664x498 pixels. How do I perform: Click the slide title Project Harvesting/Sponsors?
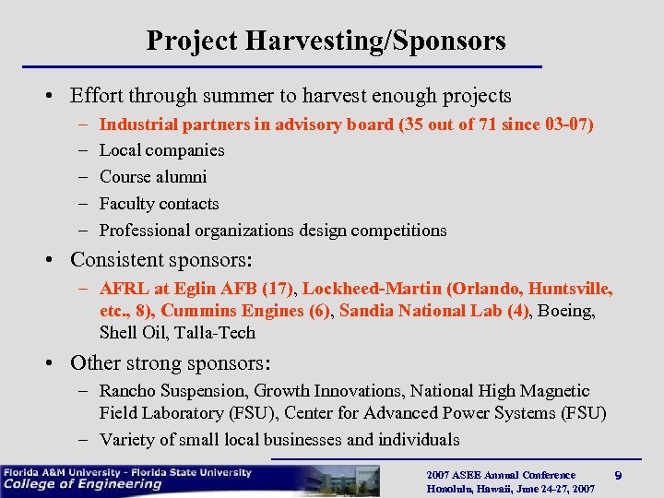pos(326,41)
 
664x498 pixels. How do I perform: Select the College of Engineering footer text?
pos(83,484)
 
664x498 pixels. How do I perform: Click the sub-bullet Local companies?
pos(161,150)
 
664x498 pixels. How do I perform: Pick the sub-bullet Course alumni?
pos(153,177)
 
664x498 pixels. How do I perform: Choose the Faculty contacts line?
pos(159,204)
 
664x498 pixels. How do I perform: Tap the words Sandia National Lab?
pos(420,311)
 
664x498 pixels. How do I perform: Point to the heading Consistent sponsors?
pos(161,259)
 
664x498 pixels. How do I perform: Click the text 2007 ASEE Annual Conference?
pos(501,475)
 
